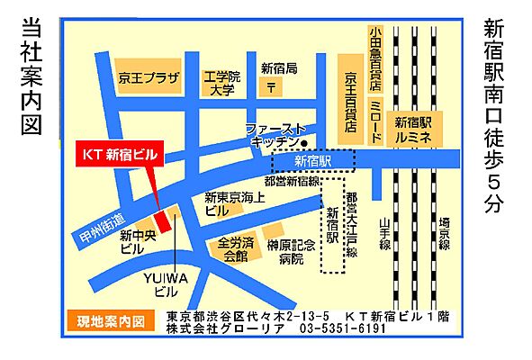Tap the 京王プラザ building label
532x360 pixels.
(149, 78)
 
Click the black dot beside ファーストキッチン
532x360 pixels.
(305, 143)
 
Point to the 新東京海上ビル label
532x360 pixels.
(232, 203)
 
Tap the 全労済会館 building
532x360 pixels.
(232, 250)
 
